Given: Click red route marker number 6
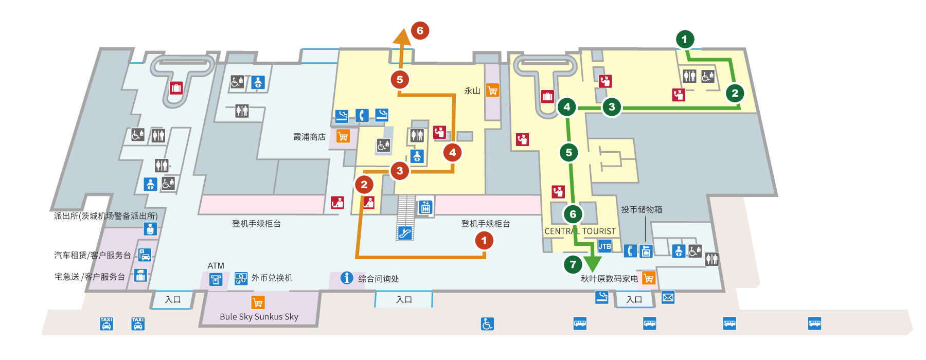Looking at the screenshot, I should (420, 31).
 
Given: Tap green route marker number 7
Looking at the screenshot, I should (573, 264).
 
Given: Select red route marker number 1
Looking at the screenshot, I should (484, 240).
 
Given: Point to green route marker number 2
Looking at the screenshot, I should (735, 93).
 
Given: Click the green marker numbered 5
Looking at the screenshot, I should (568, 152).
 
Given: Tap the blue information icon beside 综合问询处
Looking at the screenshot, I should (347, 278).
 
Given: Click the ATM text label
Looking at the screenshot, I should (216, 266).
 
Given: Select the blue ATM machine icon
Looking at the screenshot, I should (216, 279).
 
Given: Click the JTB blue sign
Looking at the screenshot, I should (605, 246).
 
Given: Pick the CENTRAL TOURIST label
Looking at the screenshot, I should (580, 231).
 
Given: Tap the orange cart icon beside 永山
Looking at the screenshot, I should (492, 91).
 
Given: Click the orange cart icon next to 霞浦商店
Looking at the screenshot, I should (343, 136).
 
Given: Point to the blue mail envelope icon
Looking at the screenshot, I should (668, 297).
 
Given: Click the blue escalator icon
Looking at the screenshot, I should (405, 233).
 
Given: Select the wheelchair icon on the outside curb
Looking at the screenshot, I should (487, 323).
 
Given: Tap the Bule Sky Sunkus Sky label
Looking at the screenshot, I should (259, 317).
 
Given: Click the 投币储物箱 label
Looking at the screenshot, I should (641, 209).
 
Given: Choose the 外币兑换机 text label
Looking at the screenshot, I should (272, 278).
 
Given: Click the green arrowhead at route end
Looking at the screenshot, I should (592, 263).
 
